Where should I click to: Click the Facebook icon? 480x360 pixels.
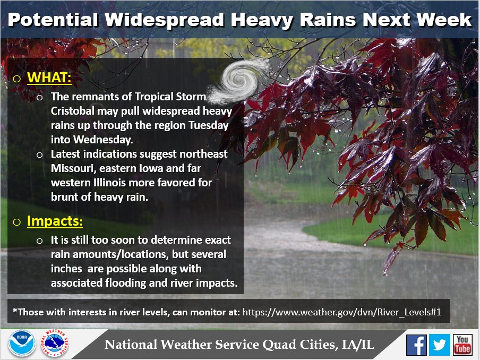coord(416,345)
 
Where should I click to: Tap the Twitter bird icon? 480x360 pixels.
coord(440,345)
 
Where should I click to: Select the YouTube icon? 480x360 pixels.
coord(462,345)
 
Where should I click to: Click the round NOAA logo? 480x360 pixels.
coord(22,343)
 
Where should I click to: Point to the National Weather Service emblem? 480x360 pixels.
coord(55,343)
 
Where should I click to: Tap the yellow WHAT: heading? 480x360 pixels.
coord(49,77)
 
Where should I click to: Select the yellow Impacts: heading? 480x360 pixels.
coord(55,221)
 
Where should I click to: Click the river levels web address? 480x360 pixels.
coord(341,312)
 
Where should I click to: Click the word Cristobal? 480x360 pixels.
coord(73,111)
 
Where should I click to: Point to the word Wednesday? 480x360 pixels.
coord(103,140)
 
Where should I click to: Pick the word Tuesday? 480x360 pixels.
coord(209,126)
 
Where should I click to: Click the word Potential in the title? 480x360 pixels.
coord(53,20)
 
